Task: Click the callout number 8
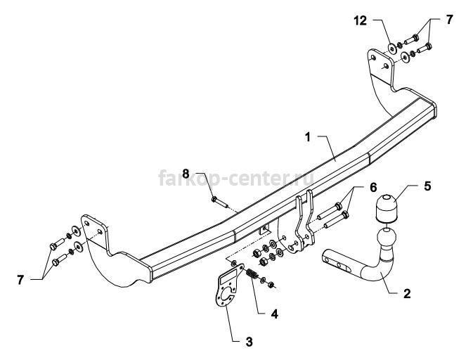pyautogui.click(x=186, y=173)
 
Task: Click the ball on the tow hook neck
pyautogui.click(x=386, y=242)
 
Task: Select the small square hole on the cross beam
pyautogui.click(x=264, y=229)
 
